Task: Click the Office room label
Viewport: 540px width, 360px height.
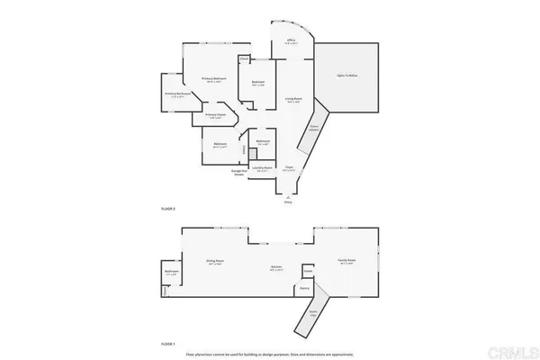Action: coord(291,41)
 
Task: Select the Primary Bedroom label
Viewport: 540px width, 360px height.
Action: coord(213,80)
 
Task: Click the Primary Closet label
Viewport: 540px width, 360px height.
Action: coord(214,115)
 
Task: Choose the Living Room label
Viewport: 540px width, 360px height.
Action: coord(292,99)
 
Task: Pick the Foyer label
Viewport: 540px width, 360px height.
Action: coord(290,167)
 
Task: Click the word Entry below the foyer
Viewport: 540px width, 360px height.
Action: coord(288,203)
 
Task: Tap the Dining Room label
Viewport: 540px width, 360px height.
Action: coord(215,261)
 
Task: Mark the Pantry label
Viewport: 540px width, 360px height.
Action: coord(305,288)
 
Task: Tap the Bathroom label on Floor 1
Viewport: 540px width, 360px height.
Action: coord(171,273)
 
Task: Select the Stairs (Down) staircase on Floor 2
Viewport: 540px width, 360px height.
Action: coord(314,129)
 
